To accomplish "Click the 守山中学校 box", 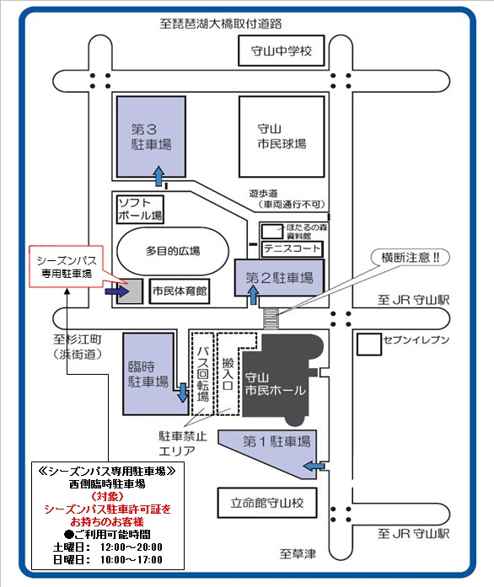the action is click(282, 51).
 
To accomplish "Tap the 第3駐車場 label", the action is click(151, 137).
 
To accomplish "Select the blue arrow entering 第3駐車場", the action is click(159, 176).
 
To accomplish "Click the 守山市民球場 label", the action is click(282, 136).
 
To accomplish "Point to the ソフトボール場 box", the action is click(140, 210).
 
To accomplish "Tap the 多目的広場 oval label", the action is click(173, 251).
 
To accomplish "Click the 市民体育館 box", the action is click(180, 291).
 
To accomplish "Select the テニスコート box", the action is click(293, 249).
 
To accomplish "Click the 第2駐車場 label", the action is click(279, 278).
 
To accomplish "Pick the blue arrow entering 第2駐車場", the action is click(254, 295).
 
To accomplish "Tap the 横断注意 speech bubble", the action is click(410, 258).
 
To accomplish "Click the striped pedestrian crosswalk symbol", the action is click(271, 318).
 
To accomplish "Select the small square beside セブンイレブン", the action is click(369, 344).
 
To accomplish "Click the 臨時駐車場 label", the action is click(148, 374).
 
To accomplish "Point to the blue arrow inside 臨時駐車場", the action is click(183, 392).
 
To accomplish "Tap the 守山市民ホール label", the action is click(275, 384).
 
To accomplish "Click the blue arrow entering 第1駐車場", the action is click(314, 466).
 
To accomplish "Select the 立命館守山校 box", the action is click(267, 503).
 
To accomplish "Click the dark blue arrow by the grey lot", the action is click(116, 291).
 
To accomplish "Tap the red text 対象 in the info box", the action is click(108, 497).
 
